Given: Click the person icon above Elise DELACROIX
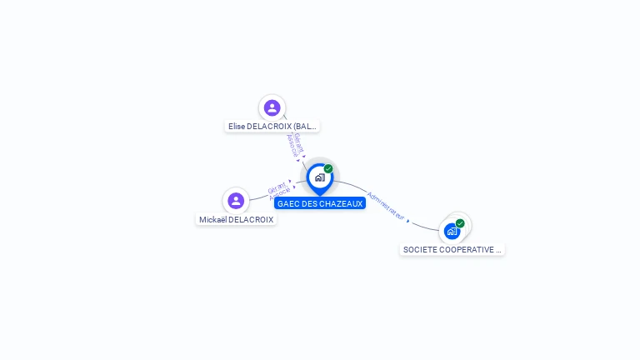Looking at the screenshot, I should click(x=272, y=107).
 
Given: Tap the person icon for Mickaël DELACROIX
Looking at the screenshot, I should click(x=236, y=200).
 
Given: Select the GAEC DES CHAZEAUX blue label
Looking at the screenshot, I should click(x=320, y=203).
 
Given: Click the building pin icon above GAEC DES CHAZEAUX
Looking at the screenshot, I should click(x=319, y=177).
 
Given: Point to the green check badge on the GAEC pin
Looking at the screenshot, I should click(x=328, y=169).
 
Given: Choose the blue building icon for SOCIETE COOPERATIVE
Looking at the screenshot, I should click(x=452, y=231).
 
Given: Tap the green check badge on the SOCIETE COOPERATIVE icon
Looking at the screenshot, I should click(x=460, y=223).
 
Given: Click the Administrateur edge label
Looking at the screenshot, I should click(x=386, y=206).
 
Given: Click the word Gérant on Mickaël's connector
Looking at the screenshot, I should click(x=277, y=187).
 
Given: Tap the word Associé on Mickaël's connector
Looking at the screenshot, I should click(x=281, y=193).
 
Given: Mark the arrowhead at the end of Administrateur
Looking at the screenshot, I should click(x=408, y=220).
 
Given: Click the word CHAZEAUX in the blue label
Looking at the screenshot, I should click(x=342, y=203).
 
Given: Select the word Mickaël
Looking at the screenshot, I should click(x=212, y=220).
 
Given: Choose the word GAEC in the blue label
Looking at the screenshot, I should click(x=287, y=203).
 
